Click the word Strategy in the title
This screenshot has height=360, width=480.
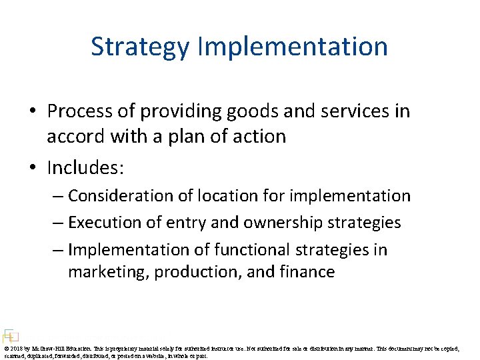pos(141,47)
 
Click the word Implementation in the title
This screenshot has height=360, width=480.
pos(293,47)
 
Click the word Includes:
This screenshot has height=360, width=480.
pos(85,167)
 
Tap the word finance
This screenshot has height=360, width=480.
pos(307,272)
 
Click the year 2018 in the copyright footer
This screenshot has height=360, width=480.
pos(16,349)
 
